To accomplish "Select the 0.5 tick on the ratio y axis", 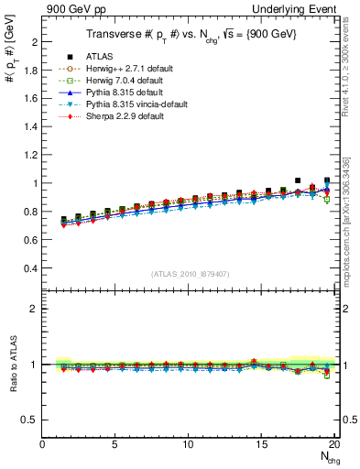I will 31,420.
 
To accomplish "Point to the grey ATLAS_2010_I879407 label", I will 189,272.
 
